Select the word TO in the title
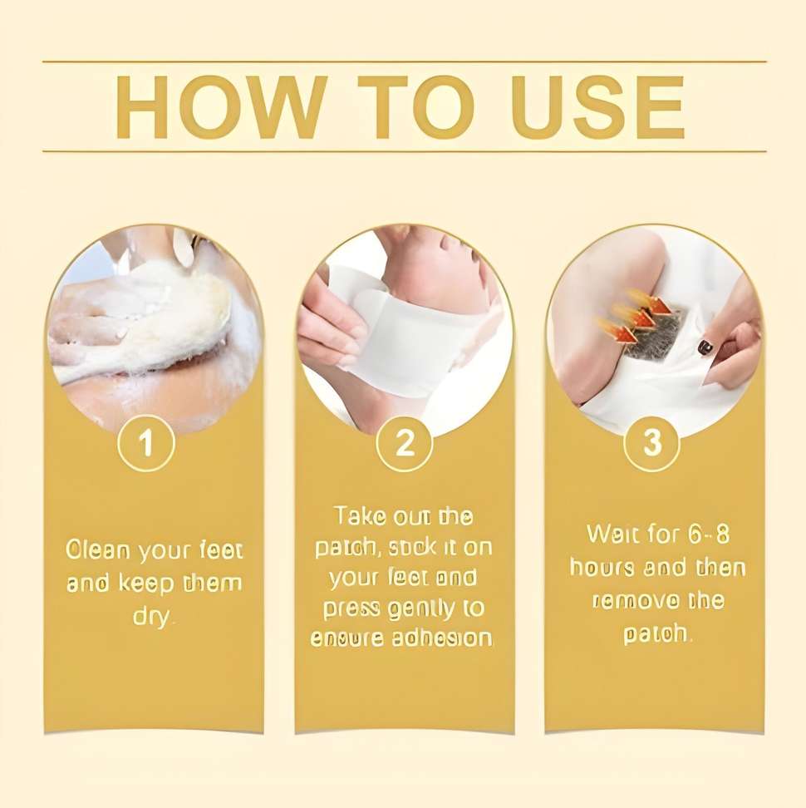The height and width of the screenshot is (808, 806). point(416,107)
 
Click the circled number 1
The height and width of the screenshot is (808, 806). point(146,442)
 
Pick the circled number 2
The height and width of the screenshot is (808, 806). point(405,442)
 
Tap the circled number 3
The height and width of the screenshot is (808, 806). point(652,442)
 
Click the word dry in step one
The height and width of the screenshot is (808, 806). point(154,617)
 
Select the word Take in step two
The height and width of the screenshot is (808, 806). point(360,515)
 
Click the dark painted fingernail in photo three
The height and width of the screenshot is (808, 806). point(704,347)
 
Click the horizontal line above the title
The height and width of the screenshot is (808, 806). point(405,62)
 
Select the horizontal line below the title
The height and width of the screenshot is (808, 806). point(405,151)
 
